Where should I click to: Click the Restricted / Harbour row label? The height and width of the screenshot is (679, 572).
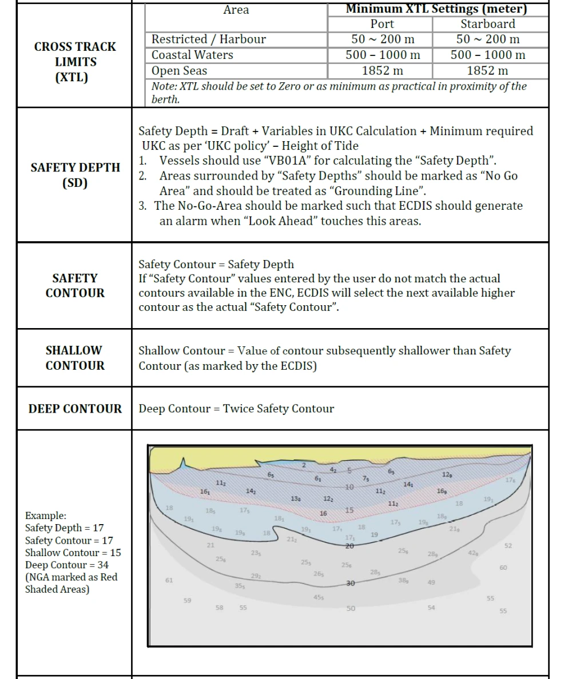[x=208, y=39]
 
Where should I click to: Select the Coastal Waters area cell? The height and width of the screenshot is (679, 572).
[x=192, y=55]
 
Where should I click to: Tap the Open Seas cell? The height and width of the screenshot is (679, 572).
[x=179, y=71]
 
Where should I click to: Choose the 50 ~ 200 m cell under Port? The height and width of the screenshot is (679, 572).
[x=382, y=39]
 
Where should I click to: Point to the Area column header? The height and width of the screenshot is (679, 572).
[x=236, y=10]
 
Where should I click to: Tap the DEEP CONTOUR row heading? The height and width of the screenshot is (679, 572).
[x=75, y=409]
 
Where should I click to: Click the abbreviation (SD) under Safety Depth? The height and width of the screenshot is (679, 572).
[x=75, y=183]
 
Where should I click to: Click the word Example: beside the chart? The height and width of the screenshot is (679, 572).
[x=46, y=516]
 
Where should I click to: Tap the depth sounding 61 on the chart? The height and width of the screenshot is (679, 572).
[x=169, y=580]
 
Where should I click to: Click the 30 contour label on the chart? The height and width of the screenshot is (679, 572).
[x=351, y=583]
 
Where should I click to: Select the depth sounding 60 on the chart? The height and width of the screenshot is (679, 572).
[x=503, y=568]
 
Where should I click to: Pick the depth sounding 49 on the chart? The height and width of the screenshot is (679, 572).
[x=431, y=582]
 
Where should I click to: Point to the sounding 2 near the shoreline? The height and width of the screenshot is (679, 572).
[x=304, y=465]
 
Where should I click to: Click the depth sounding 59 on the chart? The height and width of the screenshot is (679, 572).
[x=188, y=600]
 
